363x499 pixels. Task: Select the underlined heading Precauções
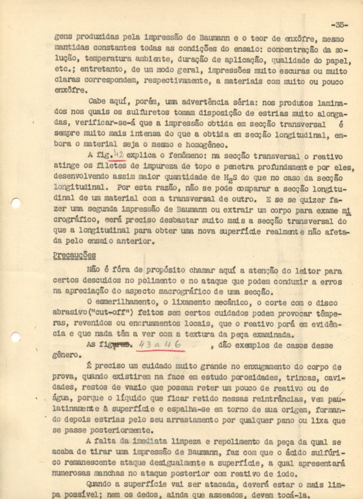click(x=74, y=255)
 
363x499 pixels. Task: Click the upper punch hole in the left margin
click(x=16, y=203)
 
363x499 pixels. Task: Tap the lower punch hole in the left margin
click(x=16, y=337)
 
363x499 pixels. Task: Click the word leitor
click(x=304, y=270)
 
